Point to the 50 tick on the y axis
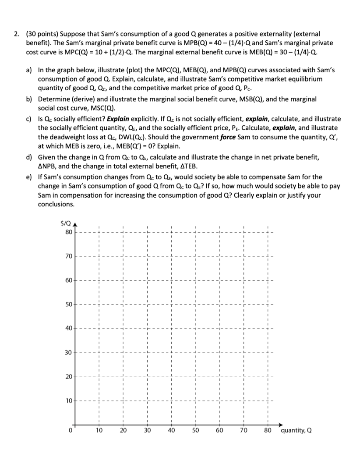69,304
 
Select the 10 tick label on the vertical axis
69,400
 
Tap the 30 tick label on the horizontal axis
147,431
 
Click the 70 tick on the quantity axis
244,431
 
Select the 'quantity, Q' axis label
296,431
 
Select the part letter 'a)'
29,70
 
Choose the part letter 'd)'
29,157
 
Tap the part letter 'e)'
29,177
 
